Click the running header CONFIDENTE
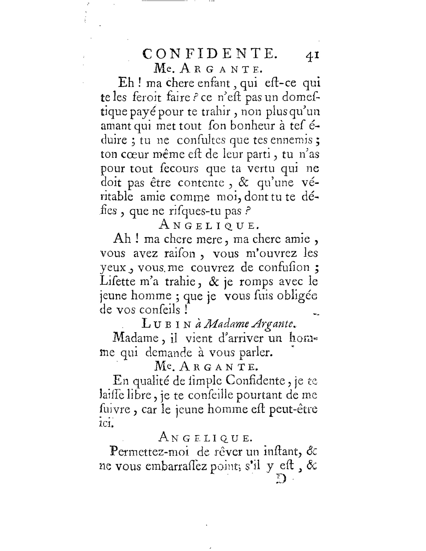(210, 54)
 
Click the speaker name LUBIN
(166, 324)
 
